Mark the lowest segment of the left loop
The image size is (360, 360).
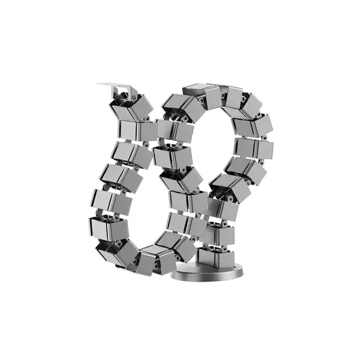[152, 261]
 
